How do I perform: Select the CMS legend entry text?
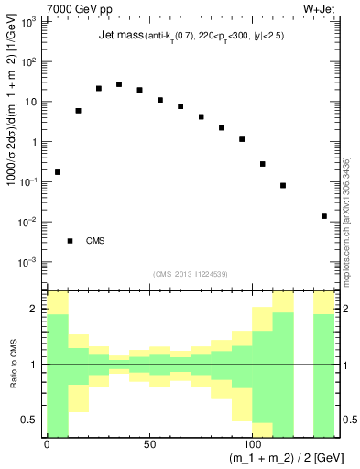point(95,241)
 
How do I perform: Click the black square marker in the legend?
point(70,241)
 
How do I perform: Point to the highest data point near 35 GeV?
point(119,84)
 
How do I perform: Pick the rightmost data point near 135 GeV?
point(324,216)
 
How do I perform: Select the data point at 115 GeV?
point(283,185)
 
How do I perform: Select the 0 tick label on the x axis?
point(47,445)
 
